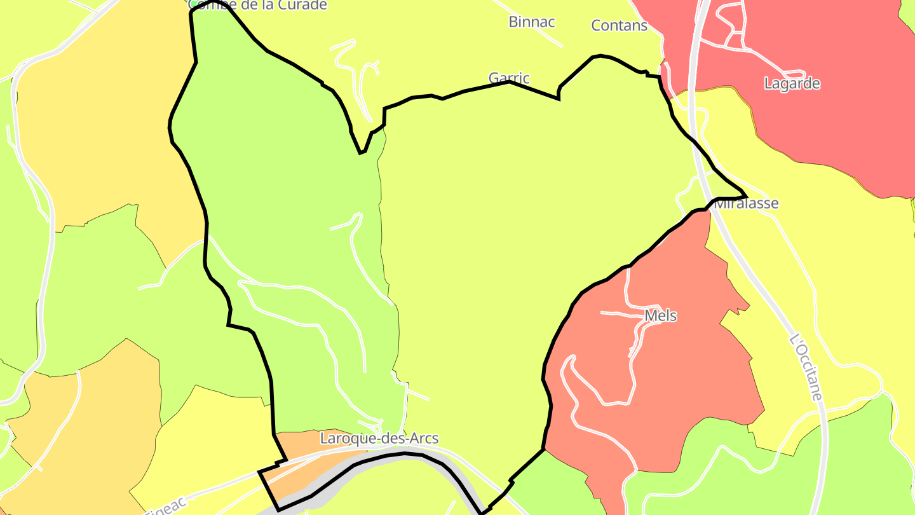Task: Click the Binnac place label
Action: tap(532, 22)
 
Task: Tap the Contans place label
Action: tap(619, 26)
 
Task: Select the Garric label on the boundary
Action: tap(509, 78)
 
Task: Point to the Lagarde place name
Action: tap(792, 84)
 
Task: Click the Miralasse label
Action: tap(747, 204)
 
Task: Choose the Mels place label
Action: tap(660, 316)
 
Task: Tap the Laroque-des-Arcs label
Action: tap(379, 439)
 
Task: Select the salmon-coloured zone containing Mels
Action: tap(686, 381)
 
